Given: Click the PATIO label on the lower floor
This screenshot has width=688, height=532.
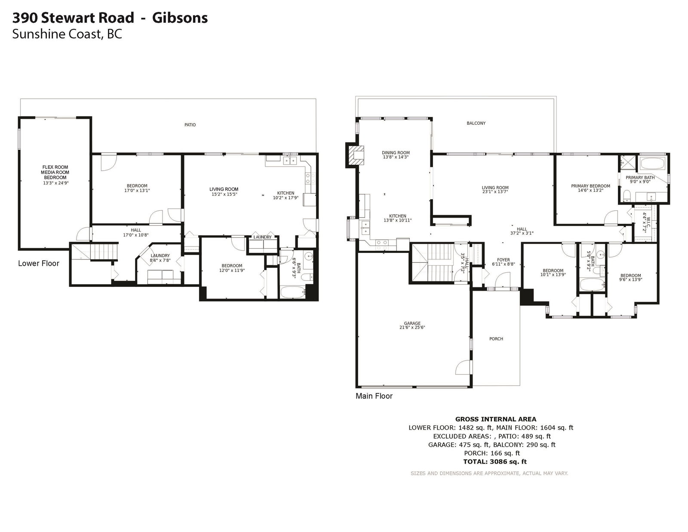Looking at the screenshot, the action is coord(190,125).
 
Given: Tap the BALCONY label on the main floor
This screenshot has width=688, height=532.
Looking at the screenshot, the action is coord(476,123).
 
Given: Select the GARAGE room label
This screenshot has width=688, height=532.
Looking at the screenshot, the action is coord(412,323).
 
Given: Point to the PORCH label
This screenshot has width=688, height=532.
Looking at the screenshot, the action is coord(496,339).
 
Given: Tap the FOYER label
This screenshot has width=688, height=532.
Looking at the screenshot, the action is coord(503,260).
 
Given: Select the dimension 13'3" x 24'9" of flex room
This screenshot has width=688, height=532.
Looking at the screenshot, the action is coord(56,183).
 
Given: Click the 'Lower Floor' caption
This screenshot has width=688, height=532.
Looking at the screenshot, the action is coord(39,263).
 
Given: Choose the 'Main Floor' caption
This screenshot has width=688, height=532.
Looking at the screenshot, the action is coord(374,396).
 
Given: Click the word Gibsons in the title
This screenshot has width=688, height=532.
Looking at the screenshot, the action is coord(180,18).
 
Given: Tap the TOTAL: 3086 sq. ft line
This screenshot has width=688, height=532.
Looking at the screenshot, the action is coord(495,461).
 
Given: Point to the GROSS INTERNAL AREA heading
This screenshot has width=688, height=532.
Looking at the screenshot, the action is coord(495,419).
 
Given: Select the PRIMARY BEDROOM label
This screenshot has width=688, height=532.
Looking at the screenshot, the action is coord(590,186).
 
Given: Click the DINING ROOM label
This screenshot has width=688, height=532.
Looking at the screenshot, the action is coord(396,153).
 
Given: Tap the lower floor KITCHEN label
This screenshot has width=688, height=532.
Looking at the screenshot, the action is coord(286,193).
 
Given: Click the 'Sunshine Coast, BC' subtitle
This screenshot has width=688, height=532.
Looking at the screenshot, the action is coord(67,34).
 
